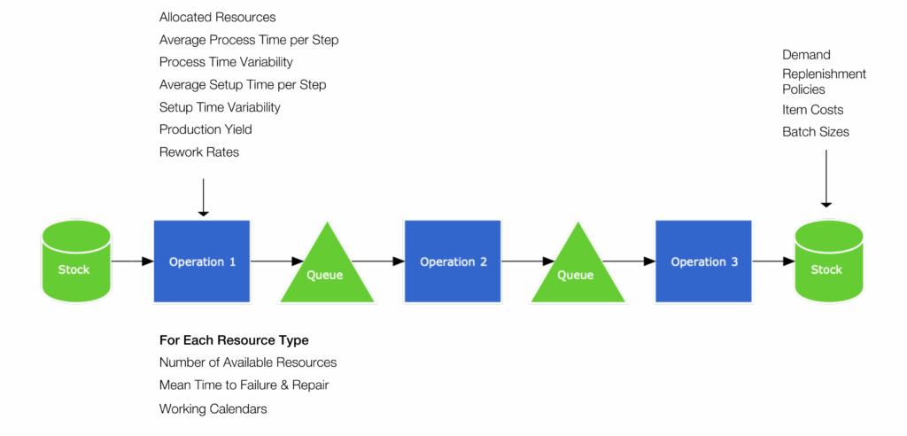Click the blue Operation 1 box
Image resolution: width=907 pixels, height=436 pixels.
tap(202, 261)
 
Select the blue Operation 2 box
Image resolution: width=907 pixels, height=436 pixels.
tap(453, 261)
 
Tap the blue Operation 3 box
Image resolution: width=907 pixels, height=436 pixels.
tap(704, 261)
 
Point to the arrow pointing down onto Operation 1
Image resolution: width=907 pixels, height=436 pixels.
tap(203, 198)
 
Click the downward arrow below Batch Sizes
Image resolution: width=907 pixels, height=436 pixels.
tap(826, 179)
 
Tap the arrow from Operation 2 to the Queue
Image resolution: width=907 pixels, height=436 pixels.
tap(524, 261)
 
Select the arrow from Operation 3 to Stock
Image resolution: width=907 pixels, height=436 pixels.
tap(774, 261)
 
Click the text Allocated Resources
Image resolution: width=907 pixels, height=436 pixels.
tap(218, 18)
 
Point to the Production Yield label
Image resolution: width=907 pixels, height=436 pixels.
tap(205, 129)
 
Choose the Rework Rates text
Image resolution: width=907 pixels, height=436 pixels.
tap(199, 152)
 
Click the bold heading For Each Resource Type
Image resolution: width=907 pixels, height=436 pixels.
tap(234, 340)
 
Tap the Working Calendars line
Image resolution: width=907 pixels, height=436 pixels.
tap(213, 409)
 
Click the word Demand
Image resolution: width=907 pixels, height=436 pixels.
tap(806, 54)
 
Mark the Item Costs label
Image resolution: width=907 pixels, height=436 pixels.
tap(813, 110)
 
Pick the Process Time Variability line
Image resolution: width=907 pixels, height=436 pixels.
tap(226, 62)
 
